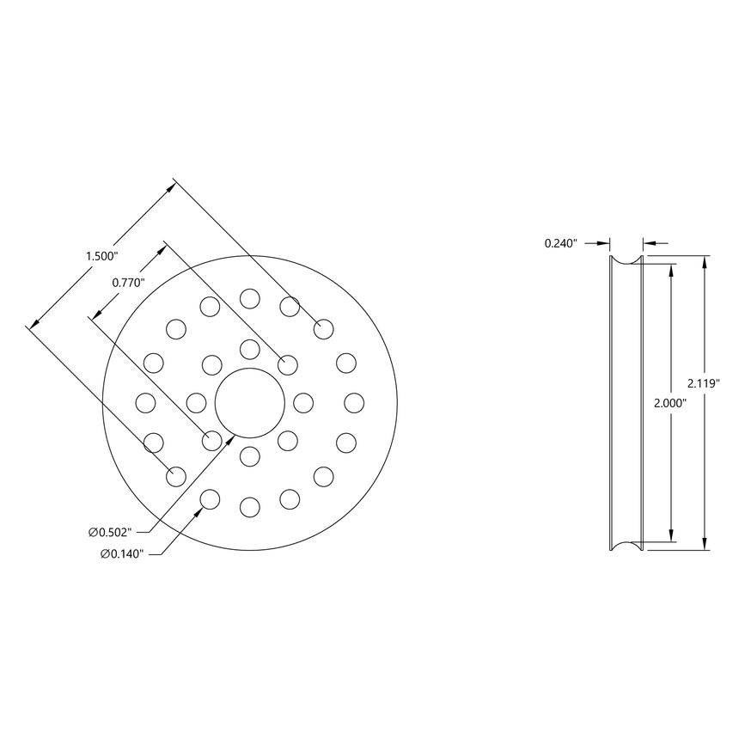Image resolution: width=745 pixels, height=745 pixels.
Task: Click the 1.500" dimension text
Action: click(101, 256)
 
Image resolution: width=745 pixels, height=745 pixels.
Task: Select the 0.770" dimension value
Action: click(129, 281)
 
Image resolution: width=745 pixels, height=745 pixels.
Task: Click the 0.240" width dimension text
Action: click(561, 243)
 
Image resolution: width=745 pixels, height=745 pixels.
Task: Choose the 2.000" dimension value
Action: click(669, 403)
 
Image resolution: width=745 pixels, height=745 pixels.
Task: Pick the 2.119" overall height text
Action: click(704, 382)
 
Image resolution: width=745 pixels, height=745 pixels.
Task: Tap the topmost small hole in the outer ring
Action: click(250, 298)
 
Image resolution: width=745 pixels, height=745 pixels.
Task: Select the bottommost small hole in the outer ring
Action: click(250, 508)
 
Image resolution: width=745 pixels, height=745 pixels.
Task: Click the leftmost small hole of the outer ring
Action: click(145, 402)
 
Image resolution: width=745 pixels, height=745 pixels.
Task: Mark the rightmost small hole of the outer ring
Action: click(355, 402)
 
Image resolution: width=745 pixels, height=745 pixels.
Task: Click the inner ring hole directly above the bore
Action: click(250, 349)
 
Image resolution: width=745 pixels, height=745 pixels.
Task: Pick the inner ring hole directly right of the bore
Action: click(303, 402)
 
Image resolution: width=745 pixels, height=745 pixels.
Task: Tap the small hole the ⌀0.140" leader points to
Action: click(209, 498)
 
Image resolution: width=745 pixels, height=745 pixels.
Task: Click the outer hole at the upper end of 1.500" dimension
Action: click(323, 327)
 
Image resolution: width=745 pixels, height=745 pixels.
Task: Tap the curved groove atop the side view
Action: click(626, 259)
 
